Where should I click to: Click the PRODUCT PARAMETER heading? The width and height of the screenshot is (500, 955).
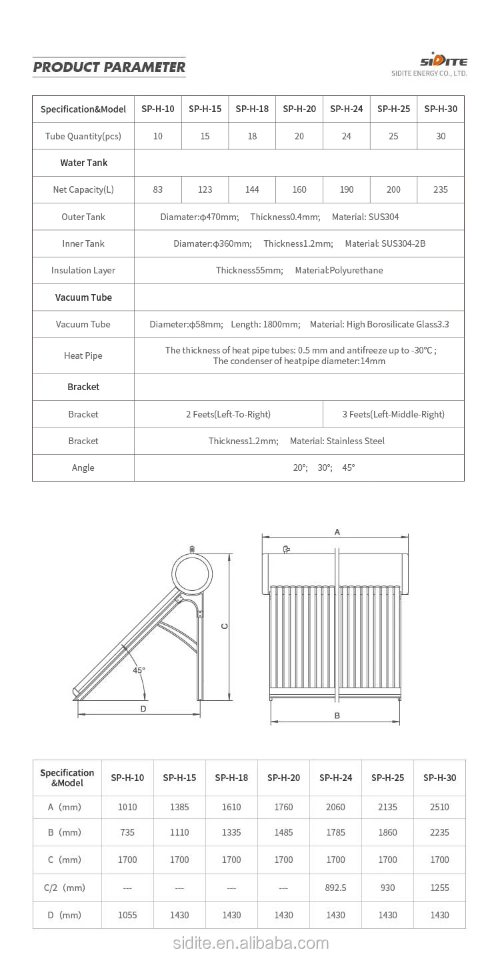(109, 67)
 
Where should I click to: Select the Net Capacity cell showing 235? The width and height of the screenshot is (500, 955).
(440, 189)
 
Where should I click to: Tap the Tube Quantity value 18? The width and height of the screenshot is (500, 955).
(252, 136)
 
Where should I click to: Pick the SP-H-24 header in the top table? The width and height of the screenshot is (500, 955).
(346, 109)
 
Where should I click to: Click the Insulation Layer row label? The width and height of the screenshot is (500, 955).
(83, 270)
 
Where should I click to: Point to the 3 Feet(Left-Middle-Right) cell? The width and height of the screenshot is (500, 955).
(393, 414)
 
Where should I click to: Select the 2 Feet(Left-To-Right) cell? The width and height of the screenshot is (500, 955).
(228, 414)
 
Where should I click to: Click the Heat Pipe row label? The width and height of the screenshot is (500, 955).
(83, 355)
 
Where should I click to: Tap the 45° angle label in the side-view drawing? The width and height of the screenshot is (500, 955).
(139, 670)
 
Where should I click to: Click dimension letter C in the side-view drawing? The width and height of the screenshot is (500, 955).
(225, 626)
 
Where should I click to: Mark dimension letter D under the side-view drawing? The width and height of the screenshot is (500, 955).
(143, 709)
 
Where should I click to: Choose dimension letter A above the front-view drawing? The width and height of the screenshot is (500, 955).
(337, 532)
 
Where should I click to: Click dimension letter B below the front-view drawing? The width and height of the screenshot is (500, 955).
(337, 716)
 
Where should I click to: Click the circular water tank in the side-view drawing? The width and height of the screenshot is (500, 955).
(193, 572)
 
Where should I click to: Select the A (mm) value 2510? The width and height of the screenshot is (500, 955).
(439, 807)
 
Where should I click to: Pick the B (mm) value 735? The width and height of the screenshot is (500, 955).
(127, 832)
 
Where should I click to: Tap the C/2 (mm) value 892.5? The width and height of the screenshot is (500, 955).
(335, 888)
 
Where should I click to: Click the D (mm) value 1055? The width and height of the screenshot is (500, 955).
(127, 915)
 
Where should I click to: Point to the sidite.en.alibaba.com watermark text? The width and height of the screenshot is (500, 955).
(251, 943)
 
